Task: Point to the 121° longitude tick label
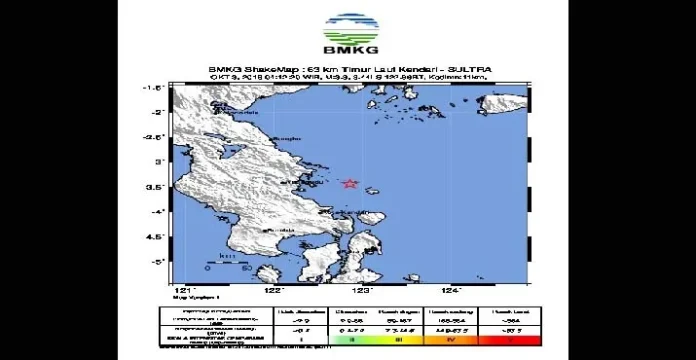click(180, 289)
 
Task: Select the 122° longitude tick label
click(272, 289)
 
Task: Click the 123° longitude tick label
click(363, 289)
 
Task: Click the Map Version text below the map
click(191, 297)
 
